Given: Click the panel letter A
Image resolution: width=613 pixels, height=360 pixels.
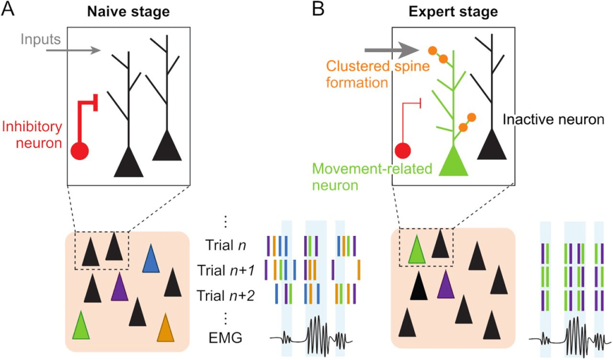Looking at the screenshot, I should point(8,11).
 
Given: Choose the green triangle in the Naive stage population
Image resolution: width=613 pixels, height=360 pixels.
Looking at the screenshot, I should point(81,326).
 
